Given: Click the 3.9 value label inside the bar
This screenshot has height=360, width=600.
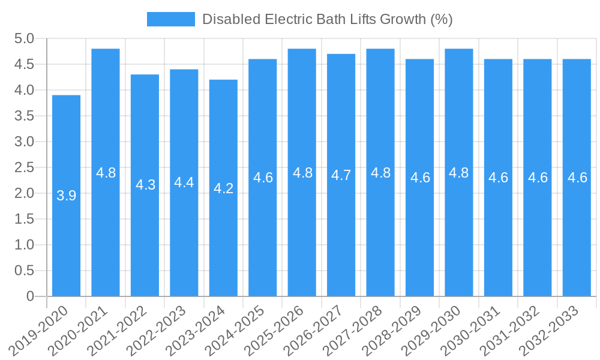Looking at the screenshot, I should tap(66, 196).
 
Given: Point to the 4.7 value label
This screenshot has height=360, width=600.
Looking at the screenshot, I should tap(341, 175).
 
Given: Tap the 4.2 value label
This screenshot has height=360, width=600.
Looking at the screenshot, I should tap(223, 188).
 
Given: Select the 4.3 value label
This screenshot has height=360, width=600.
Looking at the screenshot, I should tap(145, 185).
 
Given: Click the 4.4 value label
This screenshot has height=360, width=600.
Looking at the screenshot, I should tap(184, 182).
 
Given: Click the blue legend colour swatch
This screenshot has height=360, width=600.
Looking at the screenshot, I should tap(171, 19).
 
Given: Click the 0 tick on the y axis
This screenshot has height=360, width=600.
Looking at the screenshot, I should tap(30, 296).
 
